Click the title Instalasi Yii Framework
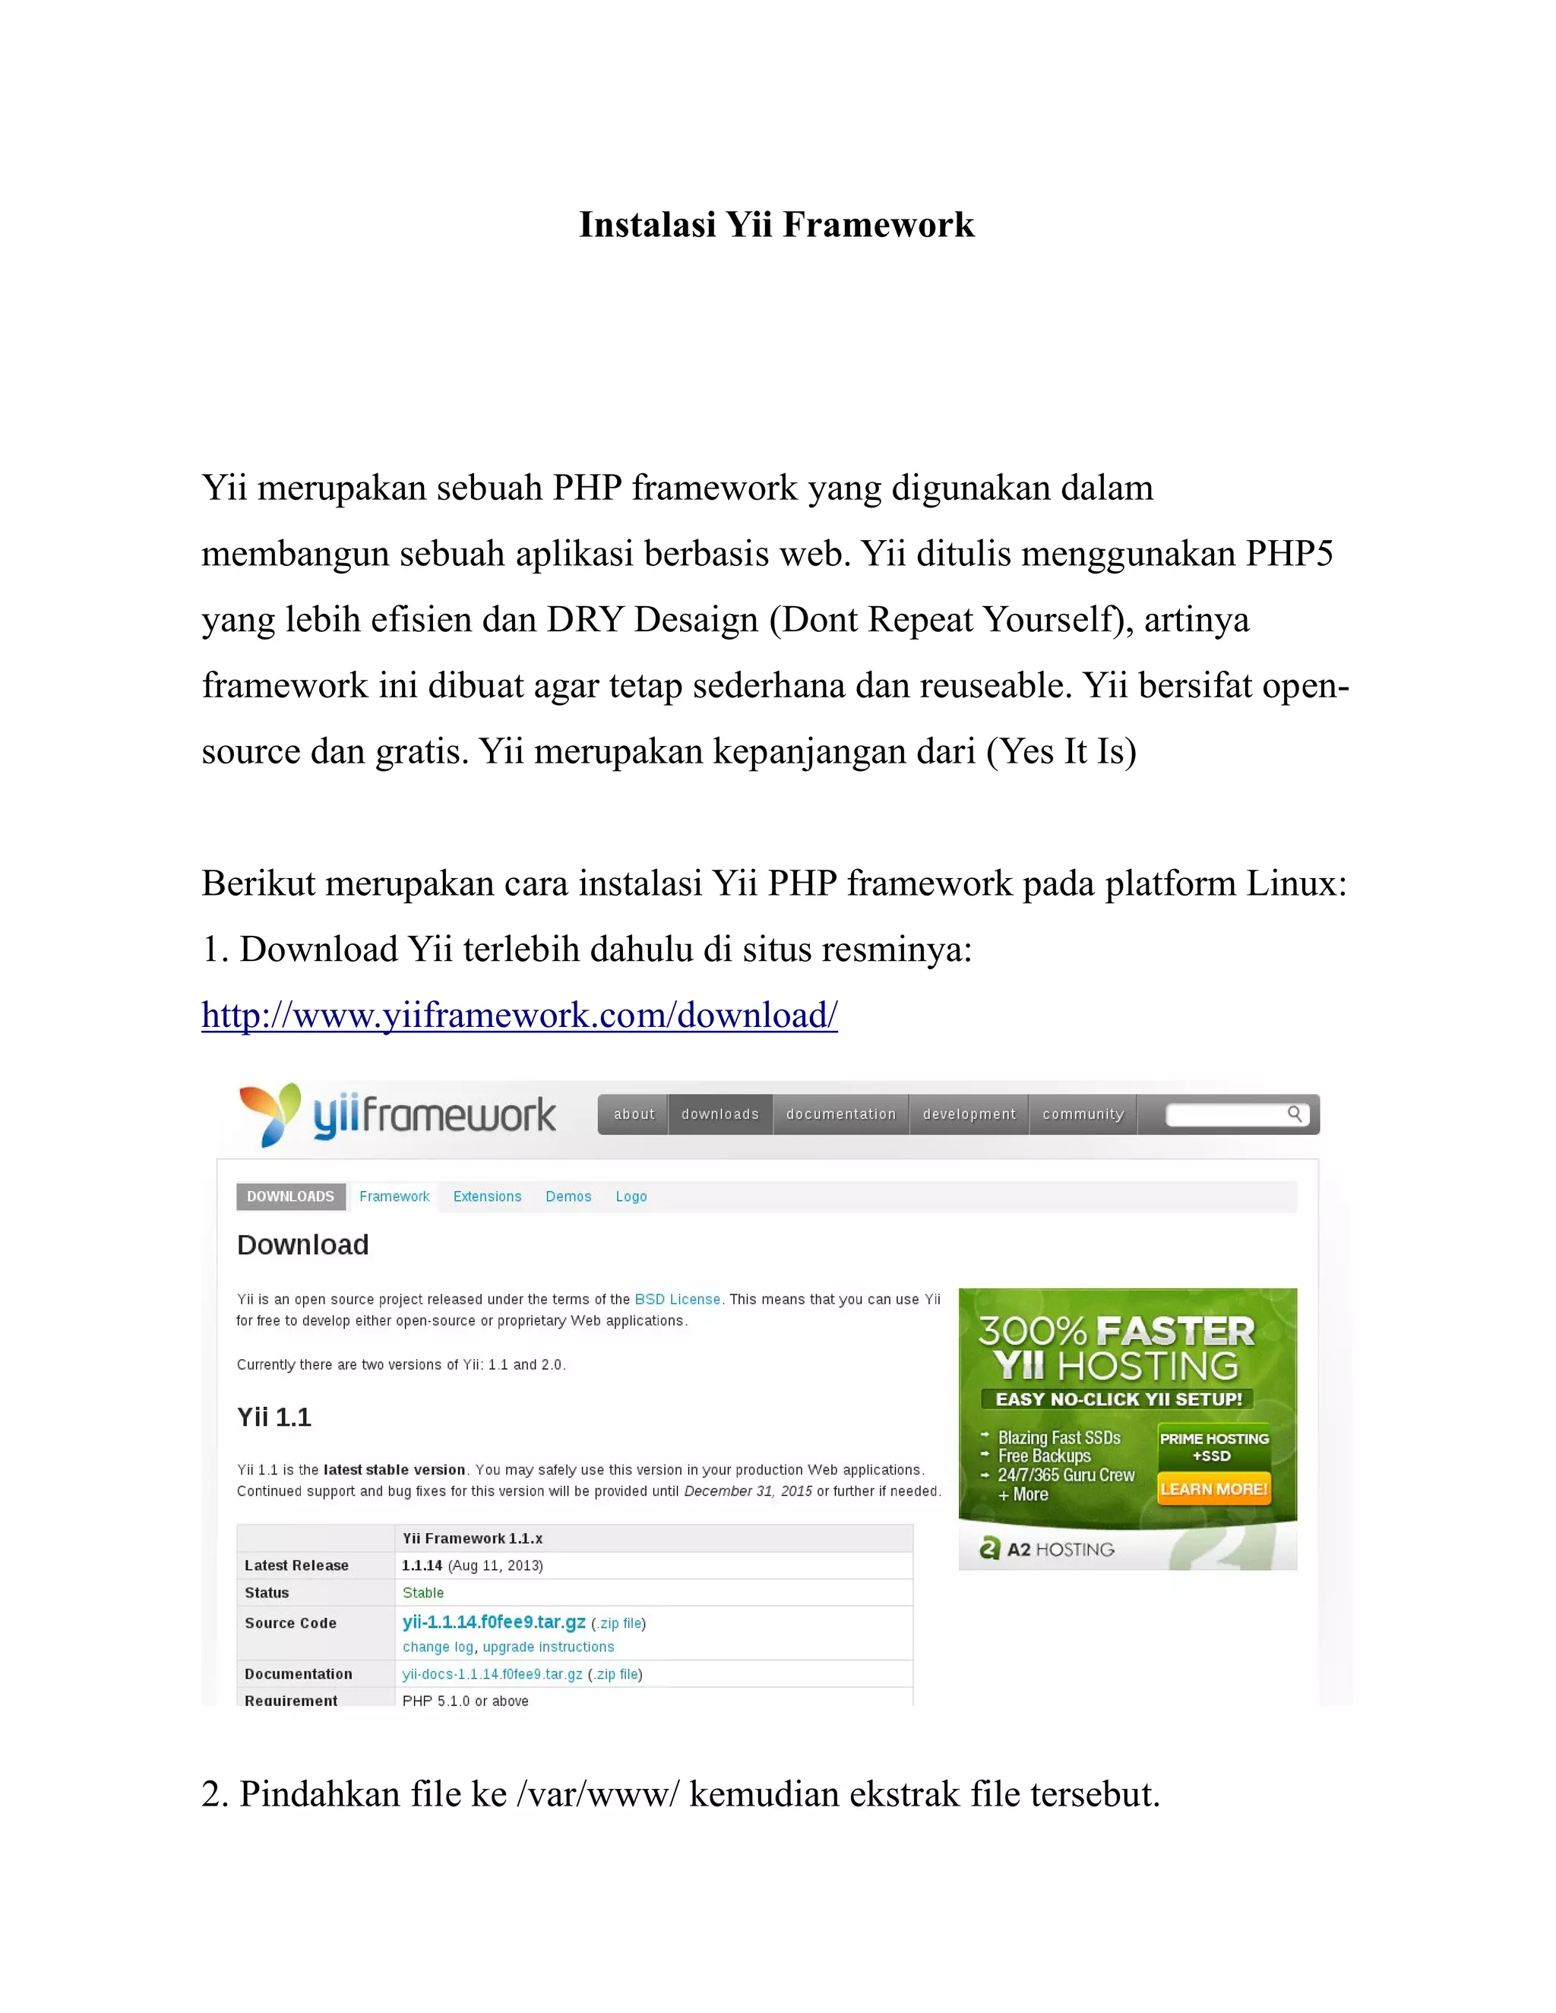click(x=776, y=225)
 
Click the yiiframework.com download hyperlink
click(x=519, y=1015)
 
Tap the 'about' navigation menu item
click(x=634, y=1114)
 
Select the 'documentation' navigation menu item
click(x=841, y=1114)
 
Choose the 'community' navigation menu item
click(x=1083, y=1114)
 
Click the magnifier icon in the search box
click(x=1294, y=1114)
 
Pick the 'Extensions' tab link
click(x=487, y=1196)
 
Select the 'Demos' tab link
click(x=568, y=1196)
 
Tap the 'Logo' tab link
click(x=631, y=1196)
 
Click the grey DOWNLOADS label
click(x=290, y=1196)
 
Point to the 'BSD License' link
click(x=678, y=1300)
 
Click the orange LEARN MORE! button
click(x=1214, y=1489)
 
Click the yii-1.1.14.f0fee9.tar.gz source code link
click(x=494, y=1623)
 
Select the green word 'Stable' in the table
click(x=423, y=1593)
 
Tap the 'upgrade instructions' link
click(x=549, y=1647)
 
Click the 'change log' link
click(x=438, y=1647)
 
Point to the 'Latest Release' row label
click(x=297, y=1565)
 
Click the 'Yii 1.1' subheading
click(x=274, y=1417)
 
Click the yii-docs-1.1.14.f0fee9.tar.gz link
click(x=492, y=1673)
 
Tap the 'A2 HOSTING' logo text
click(x=1060, y=1550)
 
